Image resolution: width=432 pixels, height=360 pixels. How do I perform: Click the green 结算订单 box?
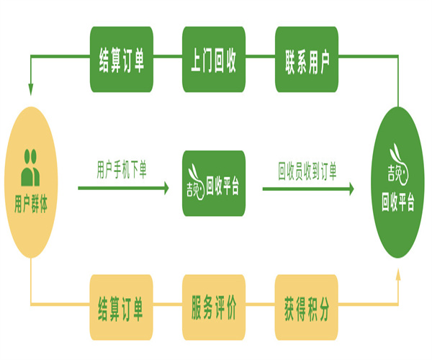(x=121, y=60)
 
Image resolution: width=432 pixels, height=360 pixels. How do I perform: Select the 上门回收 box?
(x=213, y=60)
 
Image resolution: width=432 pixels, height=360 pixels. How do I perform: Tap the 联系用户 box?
(x=306, y=60)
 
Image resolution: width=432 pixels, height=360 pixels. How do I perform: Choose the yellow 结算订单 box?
(x=121, y=307)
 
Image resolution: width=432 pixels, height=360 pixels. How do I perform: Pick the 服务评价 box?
(x=213, y=307)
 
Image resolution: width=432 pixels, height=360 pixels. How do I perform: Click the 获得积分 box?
(x=306, y=307)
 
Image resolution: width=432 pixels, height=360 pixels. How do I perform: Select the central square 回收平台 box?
(x=213, y=184)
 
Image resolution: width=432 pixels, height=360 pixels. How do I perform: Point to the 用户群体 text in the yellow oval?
(x=31, y=203)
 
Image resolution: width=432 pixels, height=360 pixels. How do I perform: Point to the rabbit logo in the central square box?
(x=194, y=184)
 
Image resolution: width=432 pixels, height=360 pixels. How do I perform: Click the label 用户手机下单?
(x=122, y=170)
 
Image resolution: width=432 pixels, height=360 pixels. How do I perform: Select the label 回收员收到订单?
(x=307, y=170)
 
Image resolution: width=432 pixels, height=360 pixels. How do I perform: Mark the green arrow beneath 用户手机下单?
(x=122, y=189)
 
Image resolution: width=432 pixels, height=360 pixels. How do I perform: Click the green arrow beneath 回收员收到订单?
(x=307, y=189)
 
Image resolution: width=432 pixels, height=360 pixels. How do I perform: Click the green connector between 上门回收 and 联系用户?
(x=259, y=60)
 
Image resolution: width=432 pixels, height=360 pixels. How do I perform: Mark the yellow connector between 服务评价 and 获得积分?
(x=259, y=307)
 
